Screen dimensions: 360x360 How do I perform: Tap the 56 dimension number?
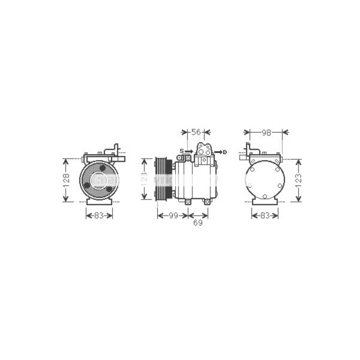click(x=196, y=132)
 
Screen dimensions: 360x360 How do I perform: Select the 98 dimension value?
click(x=266, y=133)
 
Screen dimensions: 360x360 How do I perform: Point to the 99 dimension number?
click(x=173, y=215)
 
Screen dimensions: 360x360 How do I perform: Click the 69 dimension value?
click(x=197, y=223)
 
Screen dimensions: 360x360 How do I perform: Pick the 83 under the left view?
click(x=99, y=215)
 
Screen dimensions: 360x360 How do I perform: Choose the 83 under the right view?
click(x=265, y=215)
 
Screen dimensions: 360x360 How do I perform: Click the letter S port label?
click(x=182, y=151)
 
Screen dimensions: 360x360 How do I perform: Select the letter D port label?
click(x=225, y=152)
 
